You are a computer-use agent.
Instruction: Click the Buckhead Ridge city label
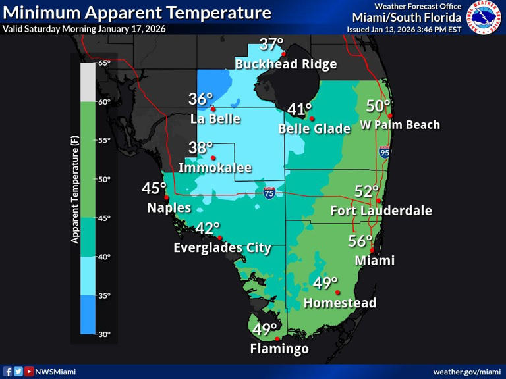[286, 64]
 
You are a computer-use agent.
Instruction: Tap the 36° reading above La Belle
[201, 99]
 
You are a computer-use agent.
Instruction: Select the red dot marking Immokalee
[213, 158]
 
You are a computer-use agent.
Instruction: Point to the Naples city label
[169, 208]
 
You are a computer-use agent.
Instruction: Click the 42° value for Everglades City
[208, 228]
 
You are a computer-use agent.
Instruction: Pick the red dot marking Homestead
[337, 293]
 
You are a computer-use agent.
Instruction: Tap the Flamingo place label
[279, 349]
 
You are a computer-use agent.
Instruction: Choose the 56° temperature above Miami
[360, 241]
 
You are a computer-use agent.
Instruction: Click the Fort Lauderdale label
[381, 211]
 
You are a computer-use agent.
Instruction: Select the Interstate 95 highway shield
[384, 153]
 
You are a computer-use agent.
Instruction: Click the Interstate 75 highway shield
[269, 193]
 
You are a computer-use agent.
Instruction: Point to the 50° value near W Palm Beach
[379, 105]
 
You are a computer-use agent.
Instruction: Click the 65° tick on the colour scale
[104, 63]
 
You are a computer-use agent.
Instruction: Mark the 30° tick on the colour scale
[104, 334]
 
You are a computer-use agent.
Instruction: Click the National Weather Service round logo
[484, 17]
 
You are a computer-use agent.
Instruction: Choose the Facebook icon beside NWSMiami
[8, 372]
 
